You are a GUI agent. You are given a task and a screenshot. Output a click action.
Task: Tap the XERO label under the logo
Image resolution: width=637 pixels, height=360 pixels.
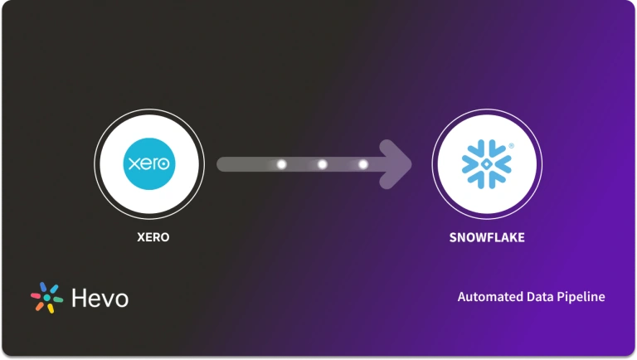[153, 237]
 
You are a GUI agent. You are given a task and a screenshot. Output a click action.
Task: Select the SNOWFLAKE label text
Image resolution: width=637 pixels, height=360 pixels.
[486, 237]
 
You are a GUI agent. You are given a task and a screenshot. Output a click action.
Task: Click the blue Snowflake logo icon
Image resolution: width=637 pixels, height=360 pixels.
[486, 163]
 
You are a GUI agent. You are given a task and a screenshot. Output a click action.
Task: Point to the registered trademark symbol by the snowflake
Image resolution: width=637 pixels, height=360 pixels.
[511, 145]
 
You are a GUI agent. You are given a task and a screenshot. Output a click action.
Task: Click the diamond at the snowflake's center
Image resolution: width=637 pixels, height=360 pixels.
[486, 164]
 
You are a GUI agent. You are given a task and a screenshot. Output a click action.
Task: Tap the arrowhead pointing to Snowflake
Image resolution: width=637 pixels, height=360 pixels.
[397, 164]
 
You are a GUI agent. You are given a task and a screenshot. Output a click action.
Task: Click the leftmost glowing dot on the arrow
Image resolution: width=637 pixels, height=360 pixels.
[281, 164]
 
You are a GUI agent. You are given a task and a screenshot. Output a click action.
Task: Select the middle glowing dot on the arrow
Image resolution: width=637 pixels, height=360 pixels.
[323, 164]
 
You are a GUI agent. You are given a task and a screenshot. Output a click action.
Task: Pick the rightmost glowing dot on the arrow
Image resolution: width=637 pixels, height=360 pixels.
[362, 164]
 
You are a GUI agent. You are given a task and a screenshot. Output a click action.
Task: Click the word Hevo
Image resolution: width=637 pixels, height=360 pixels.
[100, 299]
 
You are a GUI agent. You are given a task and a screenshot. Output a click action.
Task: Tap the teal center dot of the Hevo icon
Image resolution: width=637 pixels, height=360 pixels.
[46, 298]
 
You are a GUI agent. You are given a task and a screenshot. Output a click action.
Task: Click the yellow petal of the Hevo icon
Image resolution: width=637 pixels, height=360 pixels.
[50, 309]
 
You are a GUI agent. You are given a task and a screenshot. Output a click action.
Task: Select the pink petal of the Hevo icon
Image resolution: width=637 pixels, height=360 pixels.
[36, 294]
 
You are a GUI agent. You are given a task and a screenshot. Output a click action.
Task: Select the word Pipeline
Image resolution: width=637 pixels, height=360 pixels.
[581, 297]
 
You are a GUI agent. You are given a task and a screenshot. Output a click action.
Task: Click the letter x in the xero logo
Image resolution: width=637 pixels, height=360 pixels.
[130, 164]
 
